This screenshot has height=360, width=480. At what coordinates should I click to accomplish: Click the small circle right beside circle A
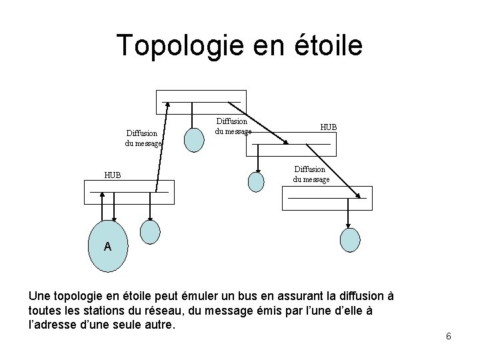151,231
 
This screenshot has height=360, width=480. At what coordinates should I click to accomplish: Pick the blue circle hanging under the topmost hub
194,139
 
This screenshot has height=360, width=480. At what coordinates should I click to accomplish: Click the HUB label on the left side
113,176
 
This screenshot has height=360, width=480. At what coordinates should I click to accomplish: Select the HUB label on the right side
329,127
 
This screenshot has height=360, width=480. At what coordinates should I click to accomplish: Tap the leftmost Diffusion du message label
142,138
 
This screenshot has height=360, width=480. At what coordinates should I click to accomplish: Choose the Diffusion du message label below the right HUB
311,175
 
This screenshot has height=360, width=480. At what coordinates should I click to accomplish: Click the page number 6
449,336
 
